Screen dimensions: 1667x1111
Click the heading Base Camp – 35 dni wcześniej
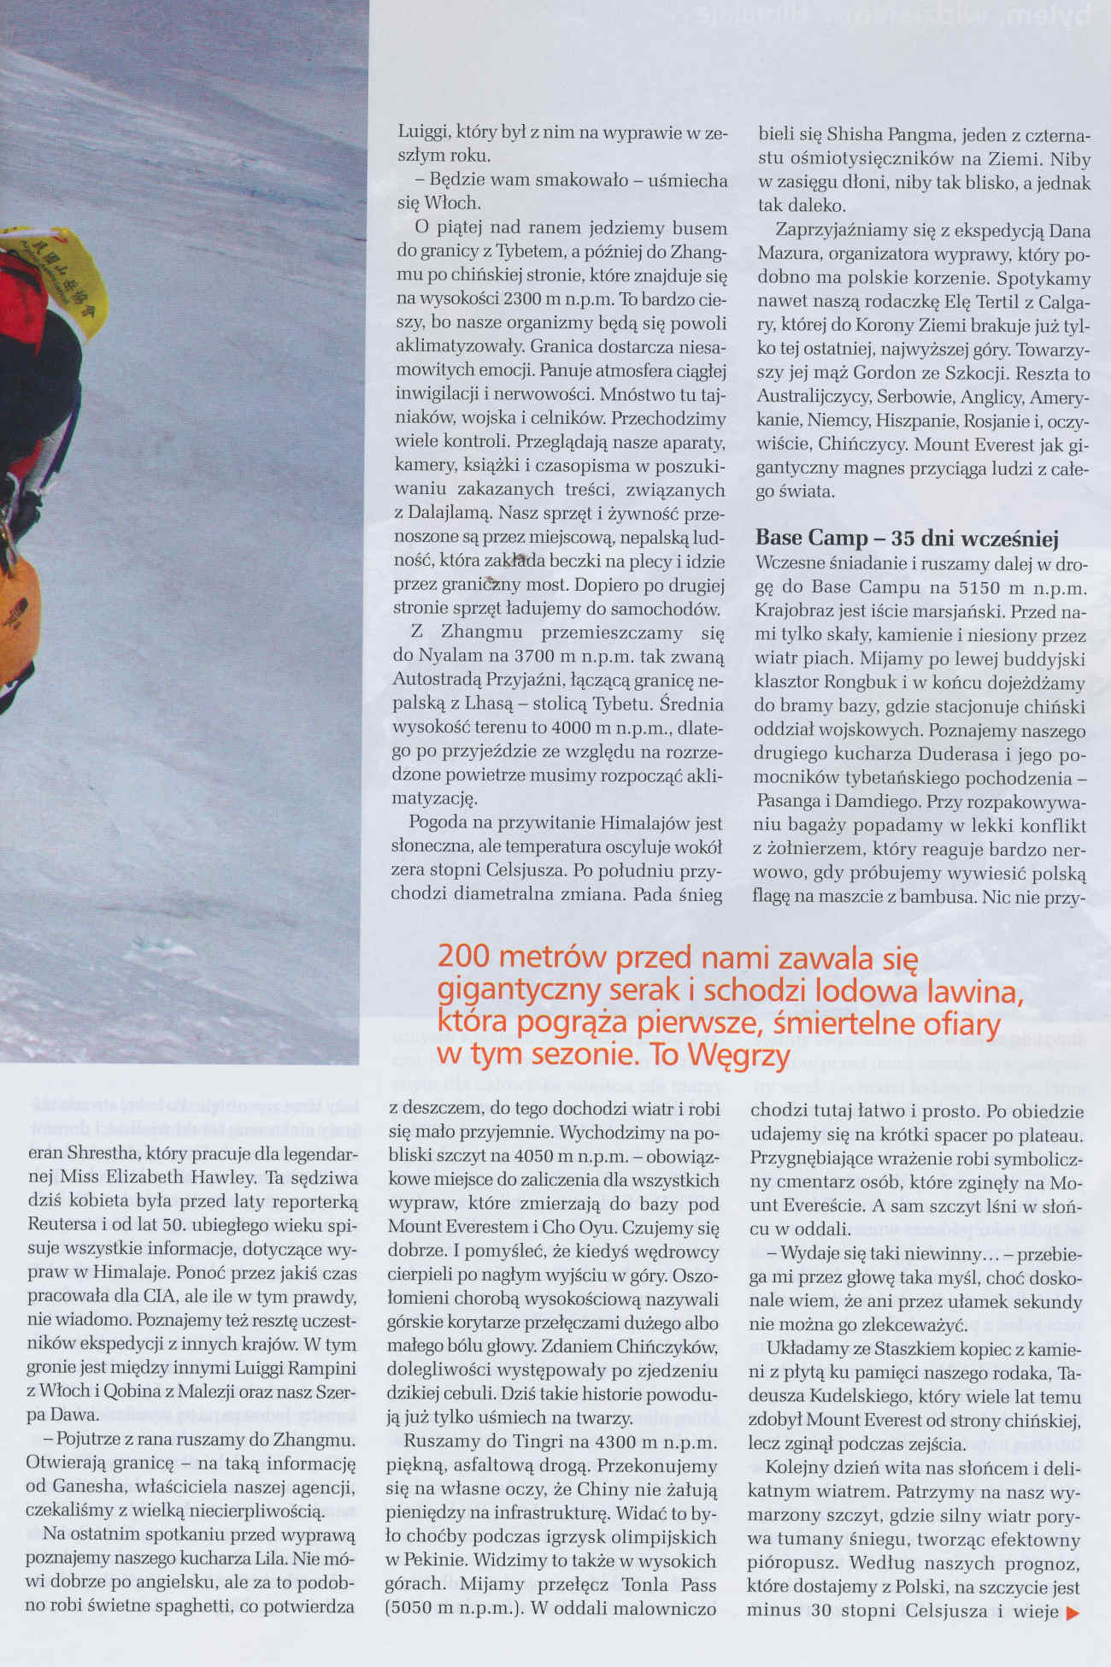pyautogui.click(x=907, y=539)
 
